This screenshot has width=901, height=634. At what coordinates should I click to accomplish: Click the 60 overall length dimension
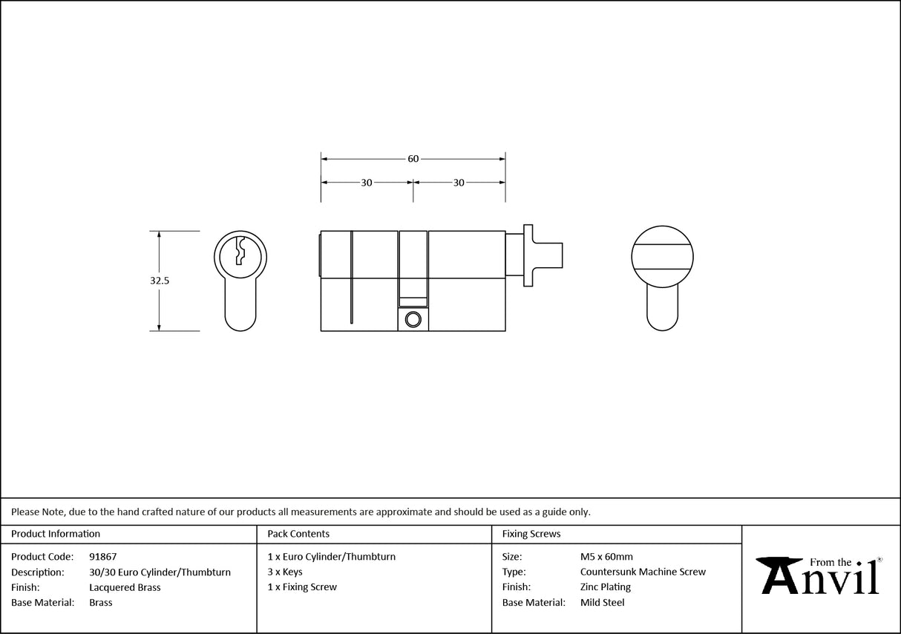pos(413,159)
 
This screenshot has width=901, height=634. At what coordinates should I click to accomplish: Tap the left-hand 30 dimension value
pos(367,183)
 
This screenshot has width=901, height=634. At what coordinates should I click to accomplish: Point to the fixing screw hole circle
pos(413,319)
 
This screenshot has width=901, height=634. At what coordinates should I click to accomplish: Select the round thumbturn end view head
pos(662,256)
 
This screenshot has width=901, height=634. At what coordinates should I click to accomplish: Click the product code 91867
pos(102,557)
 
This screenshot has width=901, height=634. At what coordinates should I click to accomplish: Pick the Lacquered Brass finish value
pos(125,587)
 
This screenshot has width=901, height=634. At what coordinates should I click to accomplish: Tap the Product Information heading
pos(56,534)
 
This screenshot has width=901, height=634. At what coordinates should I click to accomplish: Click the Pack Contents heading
pos(298,534)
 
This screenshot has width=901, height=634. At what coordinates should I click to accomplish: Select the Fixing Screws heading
pos(531,534)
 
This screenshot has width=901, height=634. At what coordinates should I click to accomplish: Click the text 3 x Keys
pos(285,572)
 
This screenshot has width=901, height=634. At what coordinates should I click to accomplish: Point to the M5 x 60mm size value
pos(606,557)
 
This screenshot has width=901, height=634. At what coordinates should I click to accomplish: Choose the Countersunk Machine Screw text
pos(643,572)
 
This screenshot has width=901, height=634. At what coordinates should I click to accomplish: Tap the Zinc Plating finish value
pos(606,587)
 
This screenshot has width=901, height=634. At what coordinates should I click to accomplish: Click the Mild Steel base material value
pos(602,603)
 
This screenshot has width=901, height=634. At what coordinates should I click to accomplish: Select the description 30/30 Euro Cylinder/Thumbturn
pos(160,572)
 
